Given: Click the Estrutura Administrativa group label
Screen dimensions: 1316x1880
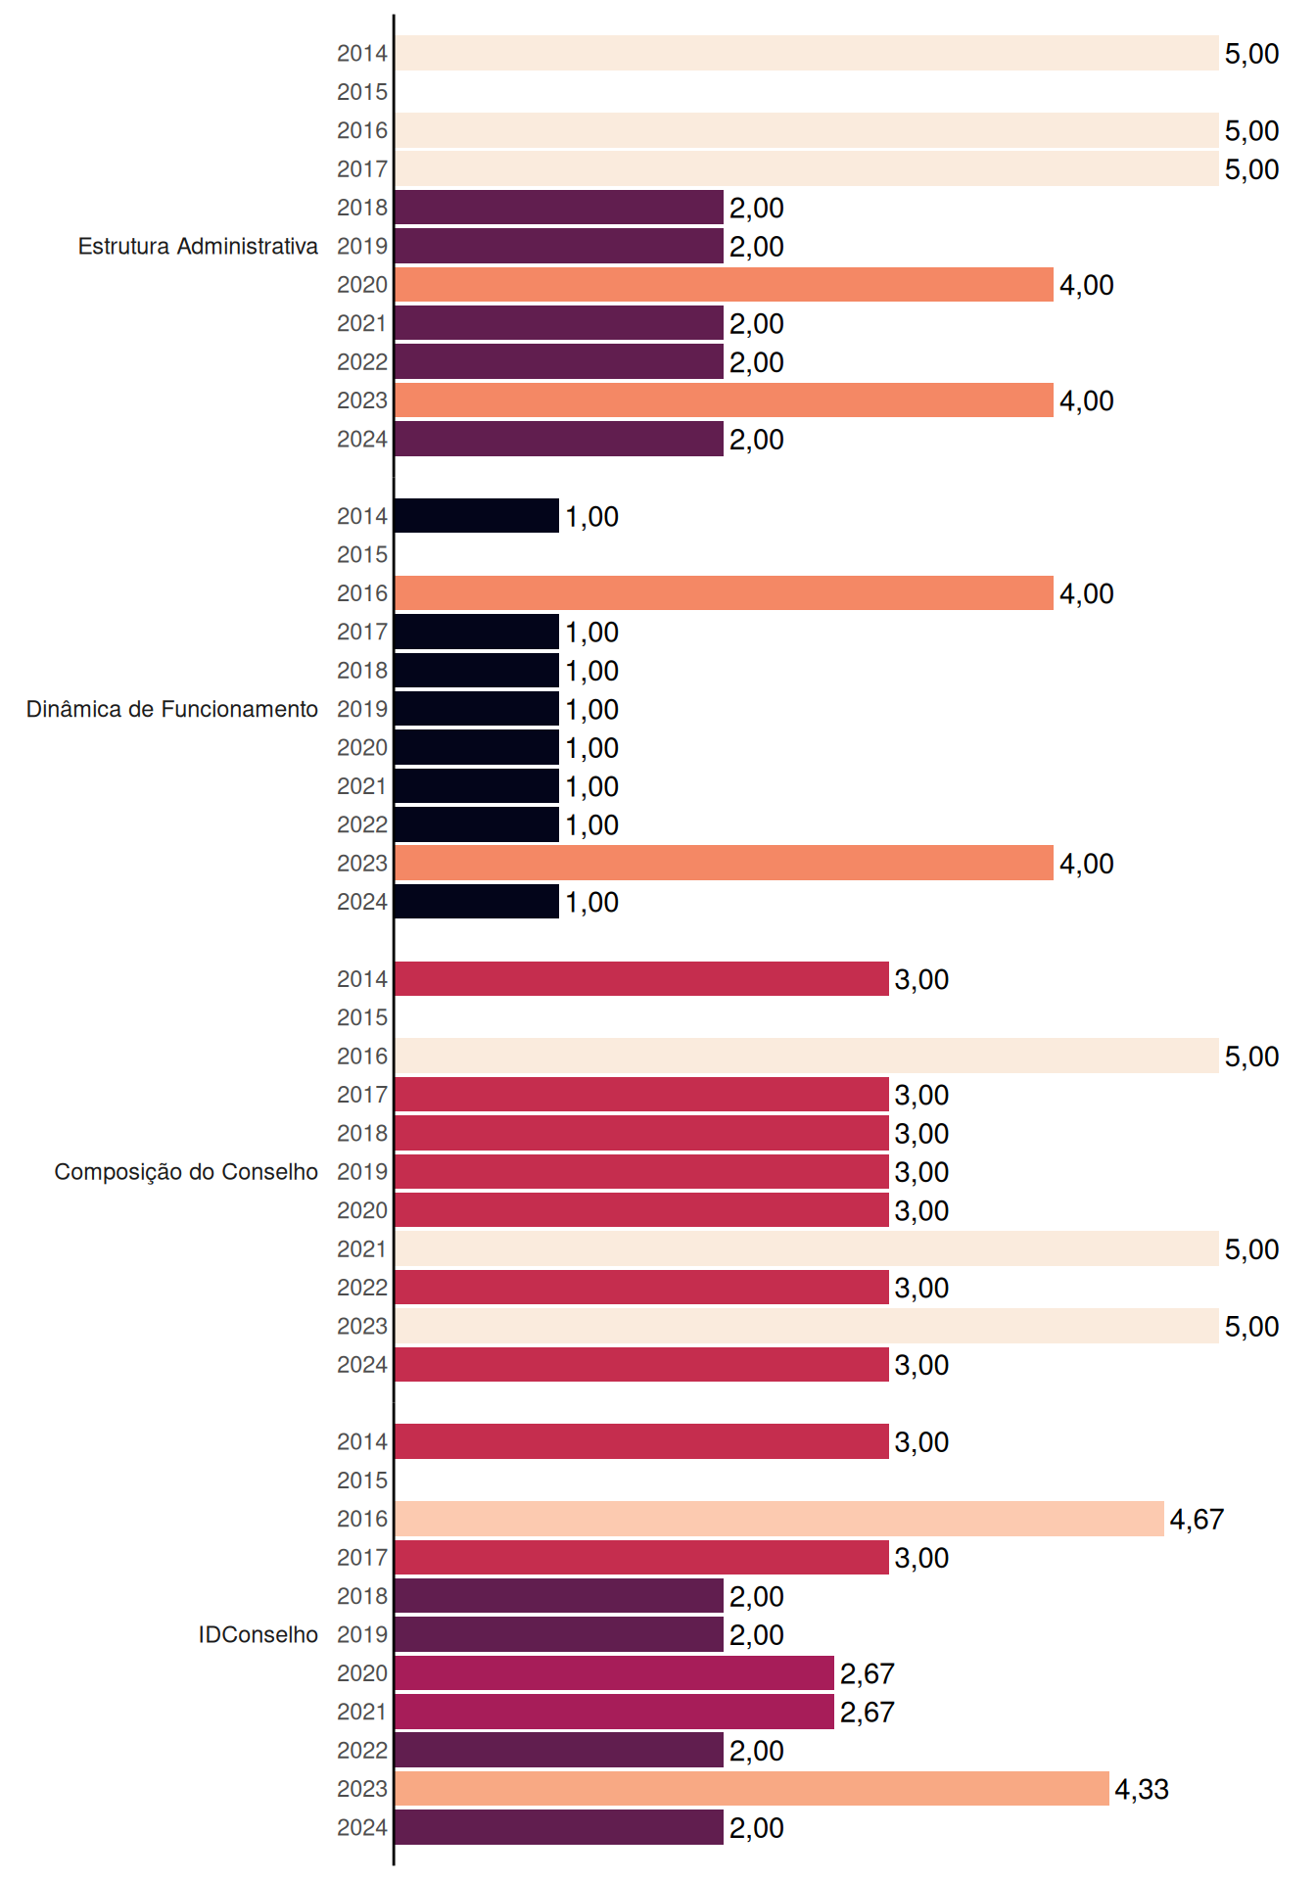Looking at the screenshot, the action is pos(198,246).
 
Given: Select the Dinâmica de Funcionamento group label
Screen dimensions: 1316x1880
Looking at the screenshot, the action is pos(172,709).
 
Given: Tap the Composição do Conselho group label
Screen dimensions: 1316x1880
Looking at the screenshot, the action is pos(186,1172).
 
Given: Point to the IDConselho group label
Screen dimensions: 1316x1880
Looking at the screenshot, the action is pos(258,1634).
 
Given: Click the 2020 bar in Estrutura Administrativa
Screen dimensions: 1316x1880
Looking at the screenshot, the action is pos(724,285).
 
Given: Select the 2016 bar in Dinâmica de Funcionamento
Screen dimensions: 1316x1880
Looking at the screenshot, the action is pos(724,593).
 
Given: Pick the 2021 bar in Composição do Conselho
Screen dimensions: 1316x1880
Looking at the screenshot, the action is pos(807,1248).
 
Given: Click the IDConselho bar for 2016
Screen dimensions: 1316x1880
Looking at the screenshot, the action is pos(779,1519).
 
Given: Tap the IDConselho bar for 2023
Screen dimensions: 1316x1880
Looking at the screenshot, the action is pos(752,1789).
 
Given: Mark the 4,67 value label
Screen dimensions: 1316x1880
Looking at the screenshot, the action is pos(1197,1520).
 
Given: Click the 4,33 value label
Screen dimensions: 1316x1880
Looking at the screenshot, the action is pos(1142,1790).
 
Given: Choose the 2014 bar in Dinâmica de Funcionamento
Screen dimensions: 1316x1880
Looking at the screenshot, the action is pos(477,516).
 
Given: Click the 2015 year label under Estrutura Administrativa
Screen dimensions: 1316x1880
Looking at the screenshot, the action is pos(362,92).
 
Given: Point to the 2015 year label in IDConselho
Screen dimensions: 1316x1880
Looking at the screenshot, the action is pos(362,1480).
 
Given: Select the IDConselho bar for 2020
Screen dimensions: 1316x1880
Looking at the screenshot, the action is pos(614,1673).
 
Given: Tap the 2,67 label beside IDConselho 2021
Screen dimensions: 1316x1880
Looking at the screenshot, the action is pos(867,1713).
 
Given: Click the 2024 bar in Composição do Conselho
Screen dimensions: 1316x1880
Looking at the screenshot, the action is pos(641,1365).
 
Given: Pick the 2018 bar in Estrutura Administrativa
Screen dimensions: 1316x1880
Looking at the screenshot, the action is pos(559,208).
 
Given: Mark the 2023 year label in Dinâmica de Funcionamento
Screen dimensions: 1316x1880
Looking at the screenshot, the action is pos(362,864).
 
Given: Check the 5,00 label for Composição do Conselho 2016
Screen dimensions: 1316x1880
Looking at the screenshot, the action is pos(1251,1057).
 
